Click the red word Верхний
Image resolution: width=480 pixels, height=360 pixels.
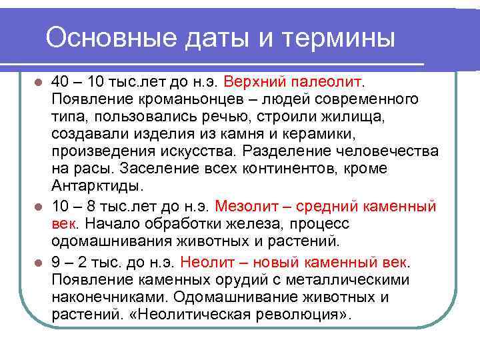(x=253, y=82)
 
